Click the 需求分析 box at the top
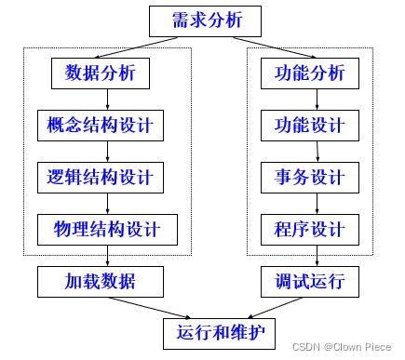201,20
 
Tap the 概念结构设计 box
107,124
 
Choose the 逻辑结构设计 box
107,176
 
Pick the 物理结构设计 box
107,228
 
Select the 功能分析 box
310,73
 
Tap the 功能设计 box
310,124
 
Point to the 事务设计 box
310,176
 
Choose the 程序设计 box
310,228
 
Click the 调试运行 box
310,279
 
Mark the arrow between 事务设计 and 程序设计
316,202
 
